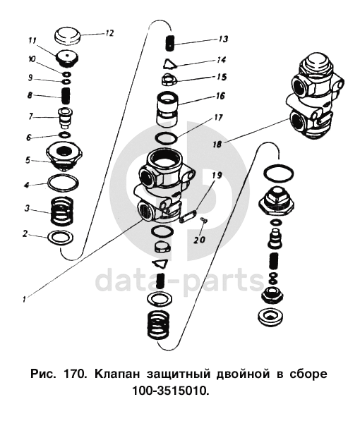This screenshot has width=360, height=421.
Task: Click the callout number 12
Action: tap(109, 33)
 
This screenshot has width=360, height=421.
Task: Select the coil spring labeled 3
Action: tap(61, 212)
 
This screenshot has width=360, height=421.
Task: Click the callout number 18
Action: tap(217, 144)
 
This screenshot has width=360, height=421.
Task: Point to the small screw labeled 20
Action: tap(203, 220)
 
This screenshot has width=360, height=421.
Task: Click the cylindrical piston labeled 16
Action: tap(168, 109)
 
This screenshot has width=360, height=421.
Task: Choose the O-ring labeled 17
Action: tap(167, 138)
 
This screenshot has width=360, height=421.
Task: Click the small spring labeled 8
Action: tap(66, 96)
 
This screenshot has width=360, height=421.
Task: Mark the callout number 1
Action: tap(24, 299)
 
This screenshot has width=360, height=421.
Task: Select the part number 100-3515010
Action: tap(170, 391)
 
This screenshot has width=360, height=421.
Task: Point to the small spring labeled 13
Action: tap(170, 43)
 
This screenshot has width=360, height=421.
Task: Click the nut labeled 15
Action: tap(169, 80)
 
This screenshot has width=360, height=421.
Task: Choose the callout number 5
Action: tap(28, 160)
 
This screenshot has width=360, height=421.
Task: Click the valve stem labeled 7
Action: tap(66, 118)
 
